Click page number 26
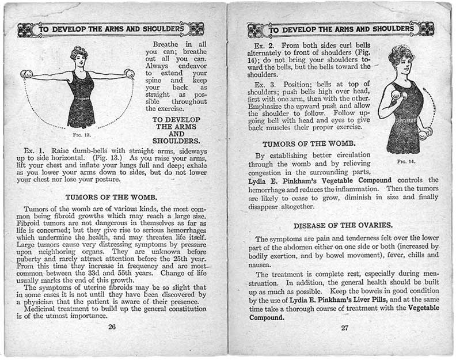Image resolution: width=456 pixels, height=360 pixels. (x=112, y=327)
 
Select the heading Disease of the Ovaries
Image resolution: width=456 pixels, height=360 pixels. (x=344, y=225)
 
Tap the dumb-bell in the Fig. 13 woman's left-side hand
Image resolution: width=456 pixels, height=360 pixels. (x=26, y=74)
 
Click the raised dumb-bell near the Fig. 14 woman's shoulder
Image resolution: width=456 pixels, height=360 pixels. (x=396, y=94)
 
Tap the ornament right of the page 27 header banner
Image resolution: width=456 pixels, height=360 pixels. (x=426, y=28)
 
